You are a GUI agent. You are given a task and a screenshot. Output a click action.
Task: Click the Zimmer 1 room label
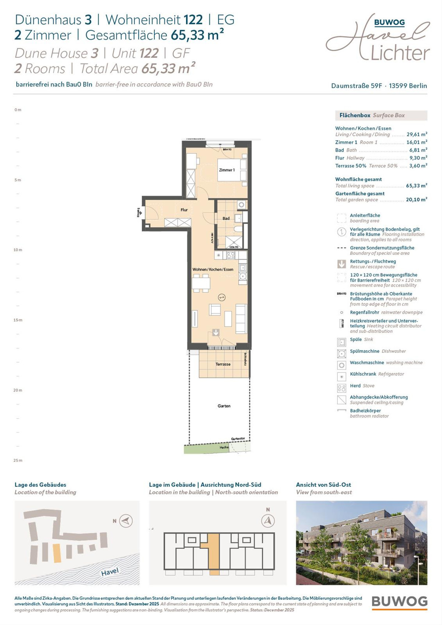[x=227, y=170]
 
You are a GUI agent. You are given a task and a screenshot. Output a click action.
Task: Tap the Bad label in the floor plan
[x=226, y=218]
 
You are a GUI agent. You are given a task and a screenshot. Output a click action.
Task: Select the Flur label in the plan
[x=184, y=210]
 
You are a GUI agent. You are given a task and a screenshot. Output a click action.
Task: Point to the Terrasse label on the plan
[x=223, y=364]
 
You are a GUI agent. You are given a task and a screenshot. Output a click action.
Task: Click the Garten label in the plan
[x=224, y=406]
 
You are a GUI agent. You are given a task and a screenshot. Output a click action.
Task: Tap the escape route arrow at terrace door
[x=216, y=332]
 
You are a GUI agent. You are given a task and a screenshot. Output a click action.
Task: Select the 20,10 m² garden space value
[x=416, y=199]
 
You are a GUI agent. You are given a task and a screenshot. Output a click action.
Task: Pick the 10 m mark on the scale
[x=18, y=250]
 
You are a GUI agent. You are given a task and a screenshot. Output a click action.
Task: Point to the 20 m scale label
[x=18, y=390]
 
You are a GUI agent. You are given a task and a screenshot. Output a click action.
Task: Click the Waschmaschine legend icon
[x=341, y=365]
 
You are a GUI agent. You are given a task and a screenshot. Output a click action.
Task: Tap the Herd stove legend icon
[x=341, y=388]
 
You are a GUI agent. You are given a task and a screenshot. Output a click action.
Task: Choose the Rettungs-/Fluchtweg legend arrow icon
[x=341, y=264]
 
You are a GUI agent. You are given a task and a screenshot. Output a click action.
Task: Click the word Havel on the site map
[x=110, y=572]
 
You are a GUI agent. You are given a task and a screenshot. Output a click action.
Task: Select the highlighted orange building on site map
[x=57, y=553]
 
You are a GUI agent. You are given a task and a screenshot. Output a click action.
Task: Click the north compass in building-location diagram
[x=268, y=520]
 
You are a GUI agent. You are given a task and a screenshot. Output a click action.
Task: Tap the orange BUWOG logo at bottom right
[x=400, y=602]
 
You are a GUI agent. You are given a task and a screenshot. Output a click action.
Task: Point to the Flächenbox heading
[x=355, y=115]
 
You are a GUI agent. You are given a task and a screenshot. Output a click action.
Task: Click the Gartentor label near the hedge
[x=238, y=439]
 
